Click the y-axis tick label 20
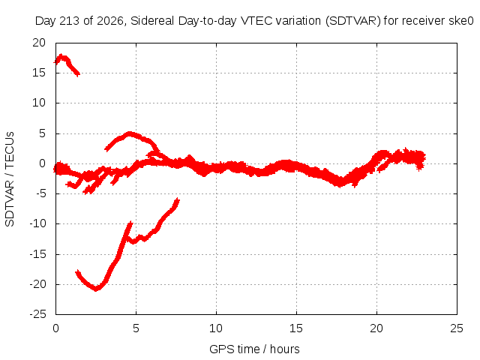tap(39, 43)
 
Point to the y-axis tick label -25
tap(37, 314)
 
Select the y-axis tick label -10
tap(37, 223)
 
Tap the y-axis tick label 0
tap(42, 163)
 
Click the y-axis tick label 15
tap(39, 73)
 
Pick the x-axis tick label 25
tap(457, 328)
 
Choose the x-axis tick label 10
tap(216, 328)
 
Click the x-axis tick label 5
tap(136, 328)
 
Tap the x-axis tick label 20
tap(376, 328)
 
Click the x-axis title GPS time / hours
tap(254, 349)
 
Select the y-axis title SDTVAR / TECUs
tap(10, 179)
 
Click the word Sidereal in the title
tap(152, 21)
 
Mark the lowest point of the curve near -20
tap(96, 289)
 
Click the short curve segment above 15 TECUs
tap(67, 64)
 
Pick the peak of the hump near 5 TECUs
tap(130, 133)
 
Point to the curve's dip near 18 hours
tap(340, 183)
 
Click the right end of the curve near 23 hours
tap(424, 158)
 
